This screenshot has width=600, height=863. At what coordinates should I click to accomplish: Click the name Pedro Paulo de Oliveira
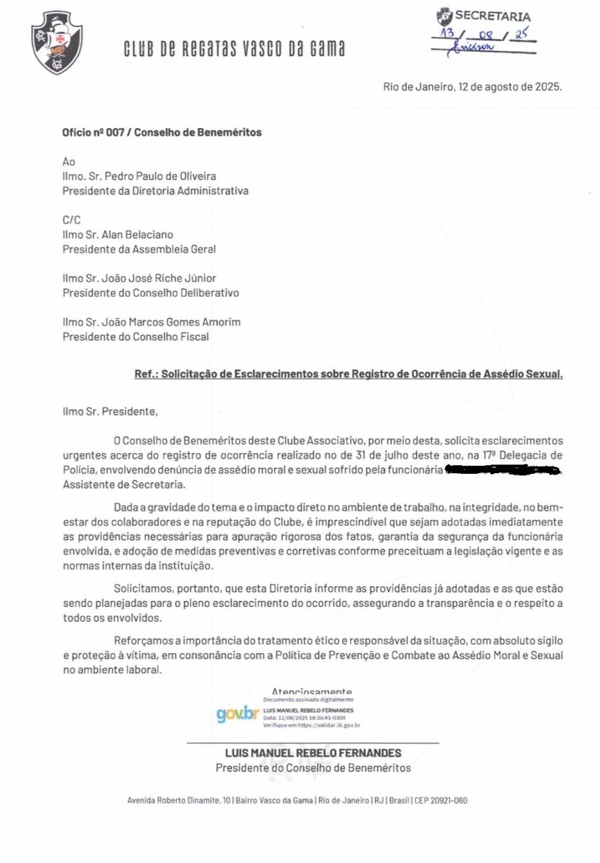173,177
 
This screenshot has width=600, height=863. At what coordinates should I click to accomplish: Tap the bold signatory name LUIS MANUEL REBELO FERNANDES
314,753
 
